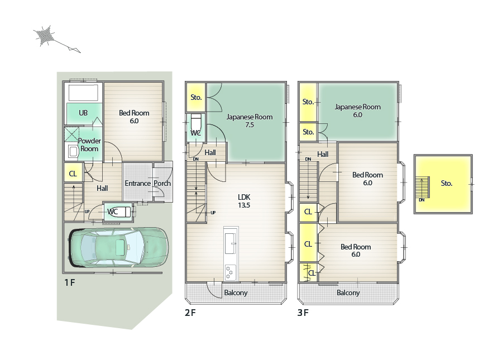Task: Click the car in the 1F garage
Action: click(x=118, y=248)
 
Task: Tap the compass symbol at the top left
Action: click(x=56, y=39)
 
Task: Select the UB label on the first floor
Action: click(x=83, y=113)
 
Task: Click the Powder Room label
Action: click(x=89, y=145)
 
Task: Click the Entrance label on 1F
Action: click(x=137, y=183)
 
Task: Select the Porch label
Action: click(x=162, y=183)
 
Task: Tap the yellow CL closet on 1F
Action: click(x=73, y=174)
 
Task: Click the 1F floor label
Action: click(x=70, y=282)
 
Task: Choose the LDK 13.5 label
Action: click(x=244, y=201)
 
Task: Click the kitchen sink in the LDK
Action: click(x=230, y=243)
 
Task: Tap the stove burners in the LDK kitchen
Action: click(x=231, y=272)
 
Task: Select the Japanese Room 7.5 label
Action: click(x=250, y=121)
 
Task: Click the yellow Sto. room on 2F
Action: click(x=196, y=97)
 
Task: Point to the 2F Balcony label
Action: click(x=236, y=292)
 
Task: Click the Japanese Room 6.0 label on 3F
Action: click(x=358, y=111)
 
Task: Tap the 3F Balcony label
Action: click(x=348, y=292)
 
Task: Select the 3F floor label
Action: click(x=303, y=313)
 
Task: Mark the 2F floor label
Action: click(x=190, y=313)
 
